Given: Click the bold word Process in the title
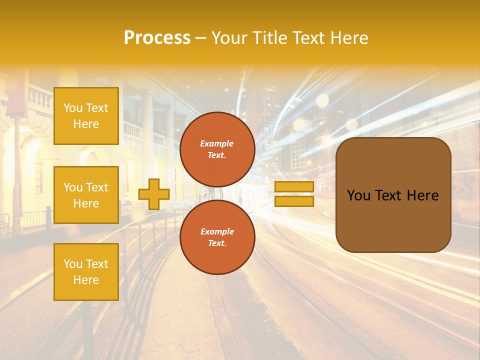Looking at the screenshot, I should [x=157, y=38].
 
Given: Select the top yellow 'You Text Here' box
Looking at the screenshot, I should [x=86, y=116].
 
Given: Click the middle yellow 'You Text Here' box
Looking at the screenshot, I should [x=86, y=195].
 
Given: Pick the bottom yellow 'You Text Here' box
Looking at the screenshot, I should [x=86, y=272].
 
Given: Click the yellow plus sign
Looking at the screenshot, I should [x=153, y=194].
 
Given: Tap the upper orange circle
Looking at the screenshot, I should [x=217, y=149].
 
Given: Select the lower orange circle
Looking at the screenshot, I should [x=217, y=237].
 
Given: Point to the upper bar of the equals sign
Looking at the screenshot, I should [x=294, y=187].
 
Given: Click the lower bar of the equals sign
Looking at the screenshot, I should [x=294, y=201].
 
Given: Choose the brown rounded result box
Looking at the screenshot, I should [x=393, y=195].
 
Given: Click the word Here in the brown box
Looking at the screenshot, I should [x=422, y=195].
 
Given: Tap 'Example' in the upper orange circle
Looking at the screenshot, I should [x=216, y=143].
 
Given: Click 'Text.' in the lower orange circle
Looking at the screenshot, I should [x=216, y=243].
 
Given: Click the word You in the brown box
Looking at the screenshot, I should [x=358, y=195].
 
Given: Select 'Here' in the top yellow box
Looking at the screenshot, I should [x=86, y=124].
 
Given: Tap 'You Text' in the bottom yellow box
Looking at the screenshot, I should [x=86, y=264].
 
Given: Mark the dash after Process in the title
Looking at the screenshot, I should [x=200, y=38].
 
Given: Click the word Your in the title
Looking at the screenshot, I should [x=230, y=38].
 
